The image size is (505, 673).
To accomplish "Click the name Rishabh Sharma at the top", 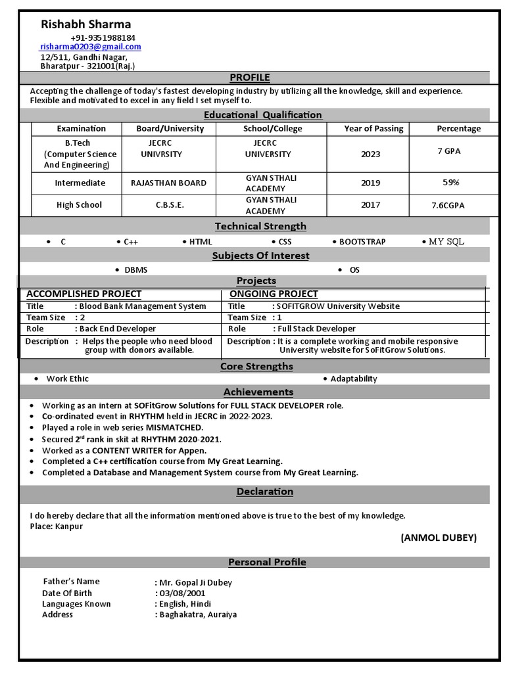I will [x=86, y=24].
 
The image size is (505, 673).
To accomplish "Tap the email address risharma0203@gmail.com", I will [x=91, y=47].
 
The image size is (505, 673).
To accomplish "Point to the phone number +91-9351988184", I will [x=103, y=37].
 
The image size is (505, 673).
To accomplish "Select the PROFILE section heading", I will [x=249, y=78].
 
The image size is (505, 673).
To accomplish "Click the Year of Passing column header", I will [x=373, y=129].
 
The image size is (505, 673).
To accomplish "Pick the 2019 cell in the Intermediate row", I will [x=370, y=183].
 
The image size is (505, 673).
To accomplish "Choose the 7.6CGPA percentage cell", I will [x=448, y=205].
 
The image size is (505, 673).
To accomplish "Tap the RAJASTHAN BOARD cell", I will [x=168, y=183].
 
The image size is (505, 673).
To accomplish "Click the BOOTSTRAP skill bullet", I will [x=362, y=242].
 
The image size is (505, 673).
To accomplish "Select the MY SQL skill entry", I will [x=446, y=242].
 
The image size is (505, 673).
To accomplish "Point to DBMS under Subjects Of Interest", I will [x=136, y=270].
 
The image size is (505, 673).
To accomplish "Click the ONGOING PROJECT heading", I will [x=274, y=294].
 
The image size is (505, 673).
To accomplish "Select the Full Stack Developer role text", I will [x=316, y=329].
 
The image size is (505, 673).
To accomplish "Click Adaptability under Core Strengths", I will [x=354, y=379].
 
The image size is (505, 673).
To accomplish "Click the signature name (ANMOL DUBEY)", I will [x=439, y=538].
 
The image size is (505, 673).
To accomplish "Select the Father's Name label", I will [x=71, y=582].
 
